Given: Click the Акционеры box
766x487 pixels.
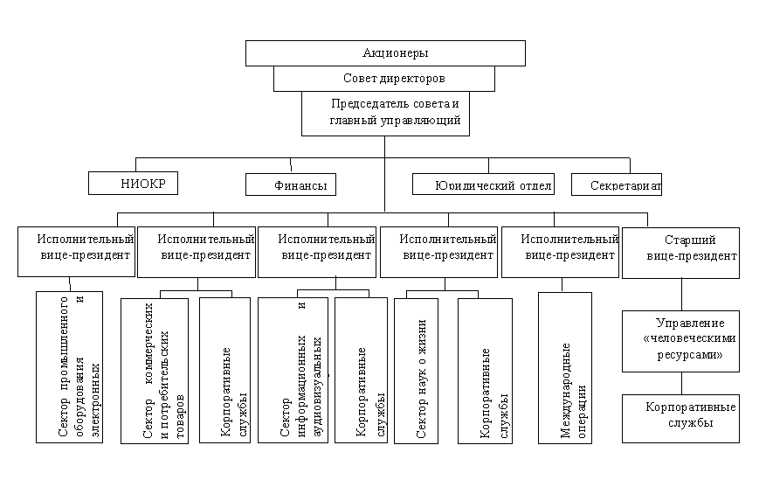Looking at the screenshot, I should [x=385, y=53].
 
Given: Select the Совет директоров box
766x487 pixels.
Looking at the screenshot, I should [x=384, y=79].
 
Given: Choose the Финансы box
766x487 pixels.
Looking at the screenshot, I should [x=292, y=184].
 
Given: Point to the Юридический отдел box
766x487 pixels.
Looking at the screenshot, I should [x=482, y=184].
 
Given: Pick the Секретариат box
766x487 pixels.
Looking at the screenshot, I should [x=617, y=184].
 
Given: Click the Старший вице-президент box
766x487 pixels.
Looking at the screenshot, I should [x=680, y=253].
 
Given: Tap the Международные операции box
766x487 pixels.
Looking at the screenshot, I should [x=564, y=367].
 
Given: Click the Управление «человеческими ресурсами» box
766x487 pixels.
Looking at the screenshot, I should [x=680, y=341].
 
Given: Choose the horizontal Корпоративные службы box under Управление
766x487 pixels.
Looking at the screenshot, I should [x=680, y=416].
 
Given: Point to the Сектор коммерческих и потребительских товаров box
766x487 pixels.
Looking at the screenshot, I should [x=155, y=372].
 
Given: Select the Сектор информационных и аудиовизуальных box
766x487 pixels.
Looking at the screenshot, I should [x=293, y=372].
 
